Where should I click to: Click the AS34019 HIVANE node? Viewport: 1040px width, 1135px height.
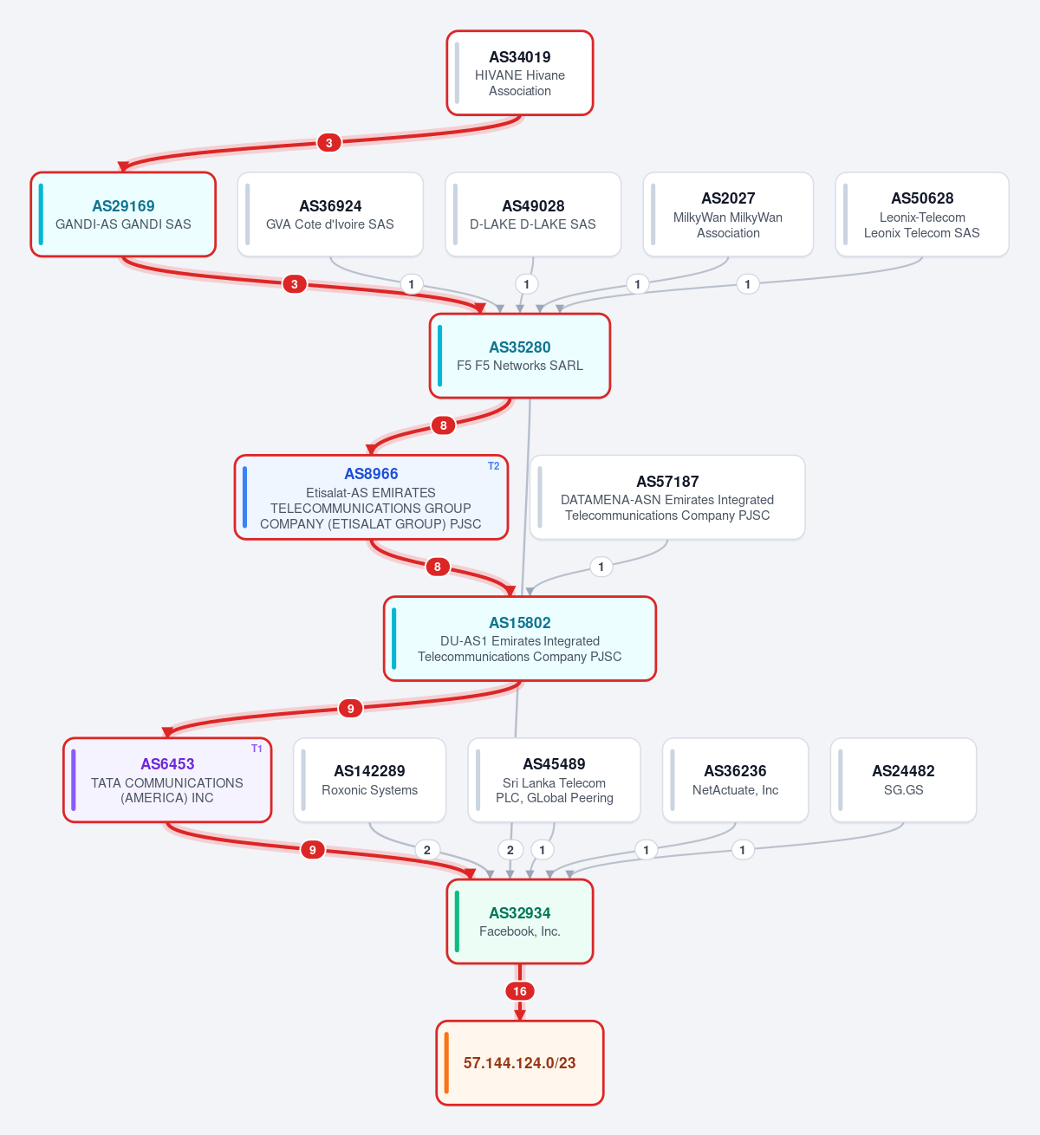519,73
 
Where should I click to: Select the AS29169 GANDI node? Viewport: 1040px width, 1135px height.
123,215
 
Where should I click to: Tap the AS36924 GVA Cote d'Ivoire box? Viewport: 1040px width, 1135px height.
330,215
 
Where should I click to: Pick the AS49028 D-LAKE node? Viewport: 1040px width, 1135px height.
533,215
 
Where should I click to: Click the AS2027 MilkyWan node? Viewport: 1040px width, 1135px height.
728,215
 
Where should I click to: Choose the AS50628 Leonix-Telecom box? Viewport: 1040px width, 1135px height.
921,215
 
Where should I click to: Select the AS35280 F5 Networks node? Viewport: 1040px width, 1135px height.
519,356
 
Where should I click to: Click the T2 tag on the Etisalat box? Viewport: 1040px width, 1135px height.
493,465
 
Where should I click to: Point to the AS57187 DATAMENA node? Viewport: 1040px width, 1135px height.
667,497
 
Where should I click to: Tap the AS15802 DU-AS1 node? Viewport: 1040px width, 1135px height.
519,639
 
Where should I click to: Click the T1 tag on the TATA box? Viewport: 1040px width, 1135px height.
257,749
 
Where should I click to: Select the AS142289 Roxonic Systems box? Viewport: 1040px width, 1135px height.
369,781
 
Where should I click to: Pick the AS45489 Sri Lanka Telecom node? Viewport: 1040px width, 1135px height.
554,781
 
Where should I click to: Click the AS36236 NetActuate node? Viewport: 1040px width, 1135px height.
735,781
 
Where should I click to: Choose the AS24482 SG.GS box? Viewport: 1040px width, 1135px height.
903,781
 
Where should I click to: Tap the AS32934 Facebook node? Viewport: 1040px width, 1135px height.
519,922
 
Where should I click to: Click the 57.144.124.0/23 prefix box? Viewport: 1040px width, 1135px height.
519,1063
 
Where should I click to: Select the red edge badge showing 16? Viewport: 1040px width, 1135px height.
519,991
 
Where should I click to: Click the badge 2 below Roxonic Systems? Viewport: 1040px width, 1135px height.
427,850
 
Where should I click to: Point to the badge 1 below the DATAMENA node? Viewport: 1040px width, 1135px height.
601,567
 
